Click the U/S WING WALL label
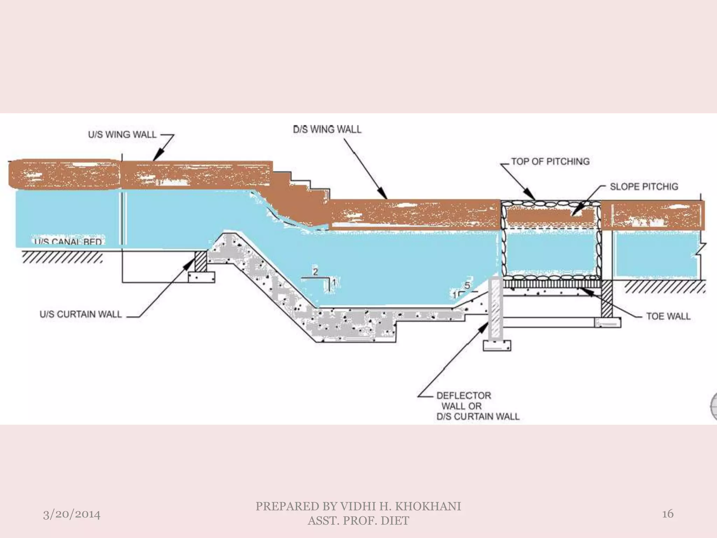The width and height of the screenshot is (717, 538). [122, 135]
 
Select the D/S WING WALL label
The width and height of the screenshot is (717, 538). [327, 130]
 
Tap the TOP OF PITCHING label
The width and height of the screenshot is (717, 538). [550, 161]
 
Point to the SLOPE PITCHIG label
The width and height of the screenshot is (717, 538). [644, 187]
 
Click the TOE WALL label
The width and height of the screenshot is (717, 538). [668, 316]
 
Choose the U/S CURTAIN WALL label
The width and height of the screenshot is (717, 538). [81, 314]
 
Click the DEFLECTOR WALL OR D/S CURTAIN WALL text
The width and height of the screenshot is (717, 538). [478, 406]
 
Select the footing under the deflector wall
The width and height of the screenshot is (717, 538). [497, 346]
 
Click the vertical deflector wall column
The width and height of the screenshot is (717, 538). [496, 308]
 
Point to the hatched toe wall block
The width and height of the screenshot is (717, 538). [607, 299]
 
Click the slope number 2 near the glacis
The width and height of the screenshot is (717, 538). [315, 272]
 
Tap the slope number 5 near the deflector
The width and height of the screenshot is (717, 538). [467, 285]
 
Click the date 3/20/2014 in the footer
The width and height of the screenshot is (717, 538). [71, 515]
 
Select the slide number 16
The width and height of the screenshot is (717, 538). [668, 514]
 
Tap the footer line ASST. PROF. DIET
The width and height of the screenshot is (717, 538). [358, 521]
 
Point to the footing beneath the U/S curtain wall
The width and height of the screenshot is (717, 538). [202, 277]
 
